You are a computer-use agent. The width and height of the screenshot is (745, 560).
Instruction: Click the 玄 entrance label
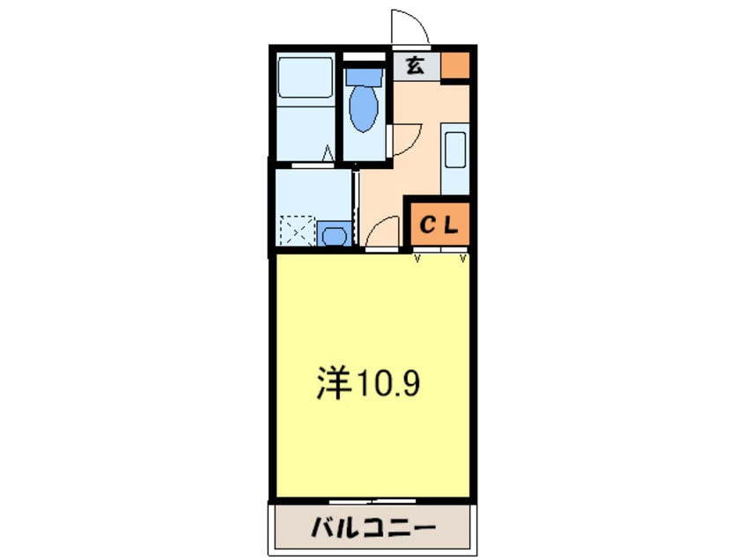click(x=414, y=64)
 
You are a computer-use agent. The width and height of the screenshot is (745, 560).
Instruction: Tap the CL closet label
click(x=438, y=225)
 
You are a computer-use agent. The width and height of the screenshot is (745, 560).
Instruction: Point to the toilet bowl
click(x=363, y=107)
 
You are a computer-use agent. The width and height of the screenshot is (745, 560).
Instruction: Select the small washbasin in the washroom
click(x=334, y=235)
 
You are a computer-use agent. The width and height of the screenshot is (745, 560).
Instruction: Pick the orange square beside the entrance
click(x=454, y=65)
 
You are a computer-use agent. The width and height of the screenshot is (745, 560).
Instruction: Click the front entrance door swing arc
click(x=410, y=26)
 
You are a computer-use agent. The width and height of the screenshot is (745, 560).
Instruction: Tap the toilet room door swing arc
click(x=406, y=139)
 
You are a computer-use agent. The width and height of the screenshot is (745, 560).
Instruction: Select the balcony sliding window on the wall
click(x=372, y=499)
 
